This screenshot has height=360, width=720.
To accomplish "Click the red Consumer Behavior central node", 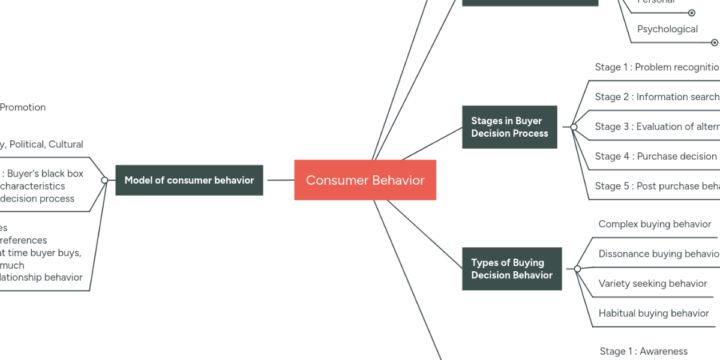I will click(x=365, y=180).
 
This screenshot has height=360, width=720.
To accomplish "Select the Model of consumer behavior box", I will click(x=189, y=180).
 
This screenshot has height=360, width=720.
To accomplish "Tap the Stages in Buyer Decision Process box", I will click(x=509, y=127).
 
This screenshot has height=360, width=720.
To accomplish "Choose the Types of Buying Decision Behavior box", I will click(x=512, y=269).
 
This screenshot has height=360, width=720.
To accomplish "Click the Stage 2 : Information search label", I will click(x=656, y=97).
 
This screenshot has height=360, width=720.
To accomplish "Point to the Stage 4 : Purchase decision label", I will click(x=655, y=156).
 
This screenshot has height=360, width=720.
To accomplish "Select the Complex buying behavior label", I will click(x=655, y=224).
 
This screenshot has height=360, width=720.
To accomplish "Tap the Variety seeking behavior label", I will click(x=652, y=283).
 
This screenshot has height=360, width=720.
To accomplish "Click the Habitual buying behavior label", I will click(x=653, y=313).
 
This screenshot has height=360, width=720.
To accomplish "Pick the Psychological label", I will click(x=667, y=29).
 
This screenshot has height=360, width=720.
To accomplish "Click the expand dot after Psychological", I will click(x=714, y=43).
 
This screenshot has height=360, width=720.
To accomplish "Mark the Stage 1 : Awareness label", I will click(x=643, y=351).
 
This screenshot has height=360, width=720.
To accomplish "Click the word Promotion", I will click(x=23, y=107).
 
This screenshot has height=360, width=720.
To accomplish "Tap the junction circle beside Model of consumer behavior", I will click(x=104, y=180).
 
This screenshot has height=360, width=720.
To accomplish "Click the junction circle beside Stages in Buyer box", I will click(x=574, y=127).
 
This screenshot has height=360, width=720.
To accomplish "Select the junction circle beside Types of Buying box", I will click(x=577, y=269).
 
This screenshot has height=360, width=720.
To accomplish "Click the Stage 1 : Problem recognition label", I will click(x=657, y=67).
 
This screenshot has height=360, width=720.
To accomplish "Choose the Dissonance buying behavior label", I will click(x=658, y=254).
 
